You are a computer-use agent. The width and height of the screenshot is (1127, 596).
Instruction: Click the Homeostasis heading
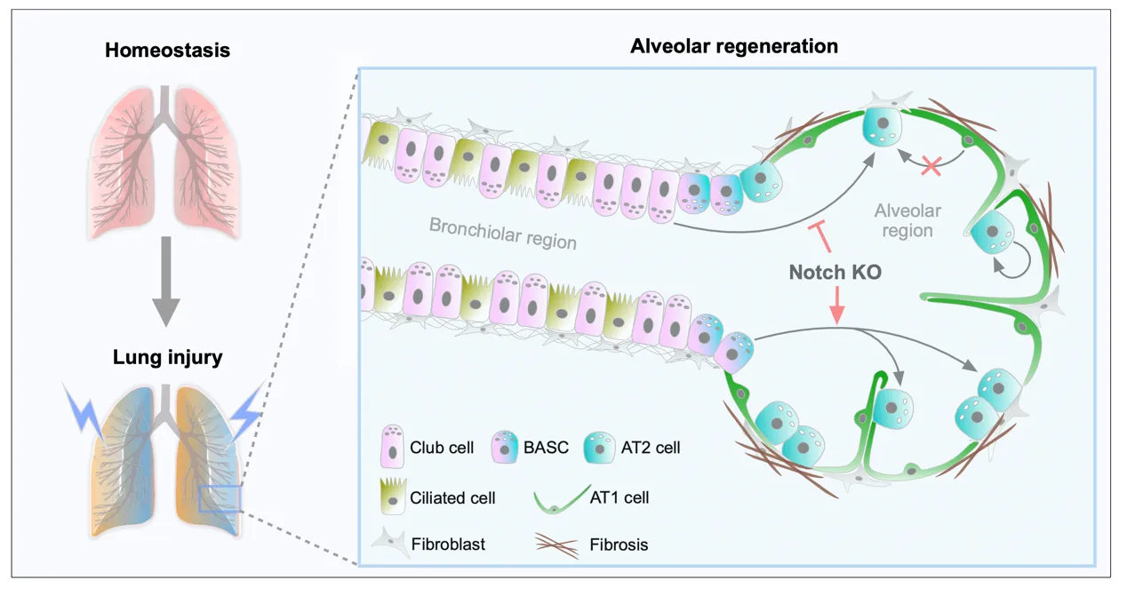(x=167, y=51)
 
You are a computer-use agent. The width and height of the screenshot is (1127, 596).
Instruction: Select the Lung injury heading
(x=167, y=358)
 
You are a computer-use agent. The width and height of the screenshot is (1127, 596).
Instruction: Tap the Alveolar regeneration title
(x=734, y=46)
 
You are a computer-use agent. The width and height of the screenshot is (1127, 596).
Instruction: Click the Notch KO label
(x=835, y=272)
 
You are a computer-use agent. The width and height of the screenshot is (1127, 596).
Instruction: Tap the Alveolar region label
(x=907, y=220)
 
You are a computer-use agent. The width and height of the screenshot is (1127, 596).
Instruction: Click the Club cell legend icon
(x=392, y=446)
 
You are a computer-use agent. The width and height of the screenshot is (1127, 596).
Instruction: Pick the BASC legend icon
(x=506, y=446)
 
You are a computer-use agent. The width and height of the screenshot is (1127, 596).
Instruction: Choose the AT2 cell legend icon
(x=599, y=447)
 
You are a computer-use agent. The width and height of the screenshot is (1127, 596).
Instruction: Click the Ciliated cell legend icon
(x=392, y=497)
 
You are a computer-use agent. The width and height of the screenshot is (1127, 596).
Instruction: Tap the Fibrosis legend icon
(x=557, y=543)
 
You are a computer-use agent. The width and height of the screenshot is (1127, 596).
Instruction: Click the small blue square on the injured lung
(x=220, y=498)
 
